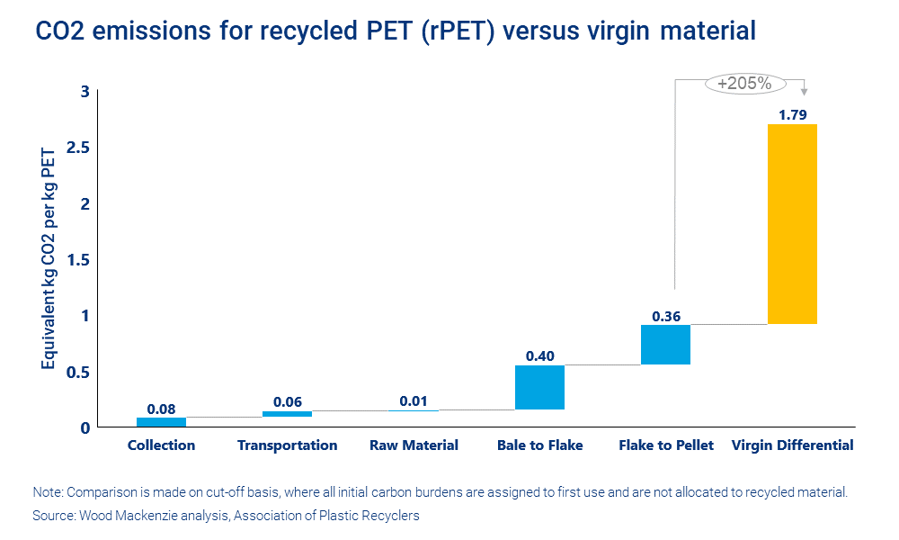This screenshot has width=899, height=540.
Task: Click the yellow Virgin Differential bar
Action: point(792,223)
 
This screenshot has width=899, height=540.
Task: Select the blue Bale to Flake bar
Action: point(539,387)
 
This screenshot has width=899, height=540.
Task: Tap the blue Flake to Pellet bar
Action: point(665,345)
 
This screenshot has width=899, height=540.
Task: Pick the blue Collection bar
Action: point(161,421)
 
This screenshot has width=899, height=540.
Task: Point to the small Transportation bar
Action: point(287,414)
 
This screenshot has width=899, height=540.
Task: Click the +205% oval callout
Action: point(744,84)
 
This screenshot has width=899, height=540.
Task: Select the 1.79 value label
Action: point(792,114)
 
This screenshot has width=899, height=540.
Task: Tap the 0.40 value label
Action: point(539,355)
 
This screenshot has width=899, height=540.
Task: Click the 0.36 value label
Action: point(665,316)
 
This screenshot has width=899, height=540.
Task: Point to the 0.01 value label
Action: point(414,400)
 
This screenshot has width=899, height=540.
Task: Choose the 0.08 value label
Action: point(161,408)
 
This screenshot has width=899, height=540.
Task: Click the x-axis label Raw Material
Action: point(414,445)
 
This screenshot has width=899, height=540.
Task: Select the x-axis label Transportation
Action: point(287,445)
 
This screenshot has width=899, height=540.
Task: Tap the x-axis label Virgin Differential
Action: point(792,445)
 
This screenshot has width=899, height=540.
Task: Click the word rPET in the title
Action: point(453,31)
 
